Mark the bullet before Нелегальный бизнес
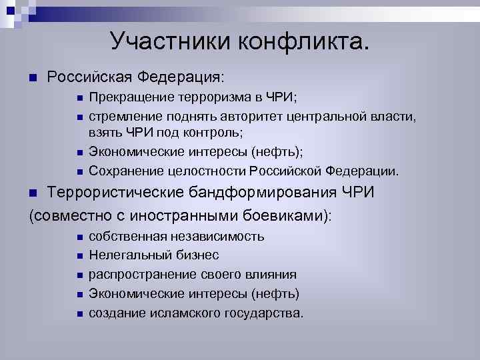[x=79, y=256]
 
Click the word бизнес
[x=197, y=255]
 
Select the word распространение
[x=135, y=275]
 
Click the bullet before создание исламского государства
[x=79, y=313]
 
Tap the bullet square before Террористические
[x=35, y=194]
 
